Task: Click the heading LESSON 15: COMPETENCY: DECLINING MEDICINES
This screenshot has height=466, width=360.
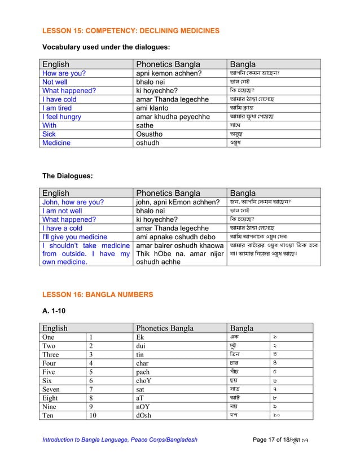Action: (x=131, y=30)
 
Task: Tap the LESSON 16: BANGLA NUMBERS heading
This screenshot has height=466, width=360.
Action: (x=98, y=294)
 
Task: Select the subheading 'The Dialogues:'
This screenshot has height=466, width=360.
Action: (x=68, y=176)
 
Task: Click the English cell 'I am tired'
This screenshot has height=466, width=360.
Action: (x=57, y=108)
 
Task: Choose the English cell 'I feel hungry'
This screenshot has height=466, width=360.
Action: (x=62, y=117)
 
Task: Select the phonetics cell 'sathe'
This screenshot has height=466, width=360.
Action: (x=145, y=125)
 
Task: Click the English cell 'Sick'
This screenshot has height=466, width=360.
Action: (x=49, y=134)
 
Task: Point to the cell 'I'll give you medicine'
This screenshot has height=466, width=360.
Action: (x=74, y=237)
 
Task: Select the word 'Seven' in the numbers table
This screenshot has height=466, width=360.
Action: (x=51, y=389)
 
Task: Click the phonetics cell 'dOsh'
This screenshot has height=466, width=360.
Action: (x=144, y=416)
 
